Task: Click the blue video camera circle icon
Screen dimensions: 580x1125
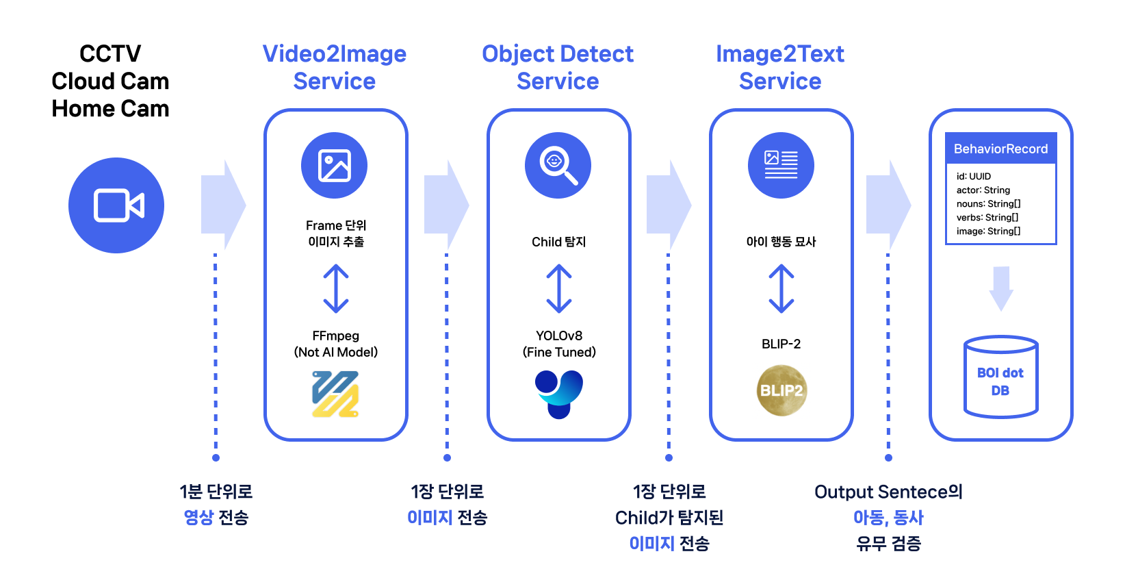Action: [116, 205]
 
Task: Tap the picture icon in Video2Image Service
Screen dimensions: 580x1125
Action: [335, 166]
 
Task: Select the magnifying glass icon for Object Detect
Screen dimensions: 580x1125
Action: [558, 166]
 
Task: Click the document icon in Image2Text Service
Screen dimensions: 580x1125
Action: [781, 166]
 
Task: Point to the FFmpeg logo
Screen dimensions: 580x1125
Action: [335, 394]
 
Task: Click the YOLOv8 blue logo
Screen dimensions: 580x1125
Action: [559, 394]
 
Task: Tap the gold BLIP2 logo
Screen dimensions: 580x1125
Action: [781, 390]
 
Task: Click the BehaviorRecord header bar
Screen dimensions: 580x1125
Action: [1000, 149]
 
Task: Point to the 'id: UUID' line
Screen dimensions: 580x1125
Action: [973, 177]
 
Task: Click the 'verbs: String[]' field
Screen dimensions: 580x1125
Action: [987, 218]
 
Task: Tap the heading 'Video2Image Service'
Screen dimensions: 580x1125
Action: [335, 67]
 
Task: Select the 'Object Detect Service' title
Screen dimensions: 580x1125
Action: [558, 67]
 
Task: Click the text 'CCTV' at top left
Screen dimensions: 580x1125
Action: [110, 53]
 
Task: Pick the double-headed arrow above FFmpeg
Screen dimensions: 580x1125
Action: [336, 289]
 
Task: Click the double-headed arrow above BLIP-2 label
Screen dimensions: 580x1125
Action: [781, 289]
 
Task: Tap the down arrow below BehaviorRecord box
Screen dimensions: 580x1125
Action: [1001, 288]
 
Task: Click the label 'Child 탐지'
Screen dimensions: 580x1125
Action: [559, 242]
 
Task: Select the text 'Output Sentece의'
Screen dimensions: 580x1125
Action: [888, 492]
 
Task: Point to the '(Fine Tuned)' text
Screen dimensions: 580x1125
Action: [559, 353]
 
